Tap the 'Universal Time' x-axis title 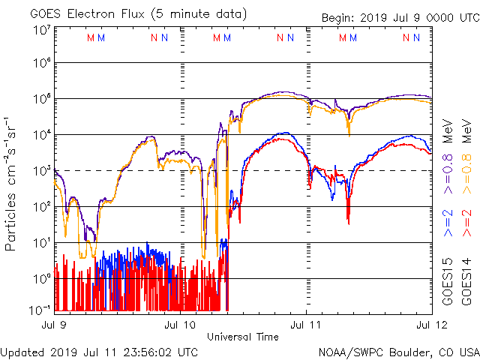[x=242, y=337]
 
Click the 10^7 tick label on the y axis [x=42, y=30]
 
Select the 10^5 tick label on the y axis [x=42, y=100]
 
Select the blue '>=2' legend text [x=447, y=225]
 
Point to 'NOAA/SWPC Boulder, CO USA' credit [x=397, y=352]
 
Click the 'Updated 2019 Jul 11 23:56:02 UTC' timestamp [x=100, y=352]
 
